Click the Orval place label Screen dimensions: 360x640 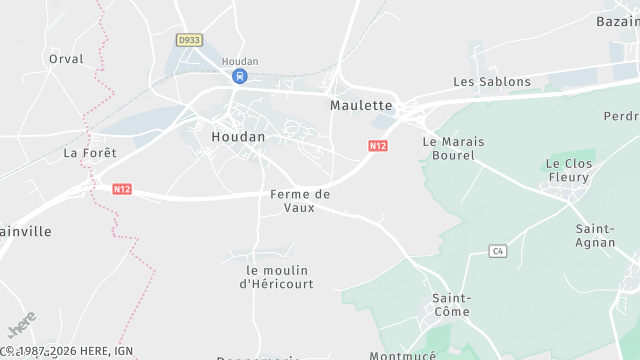pos(66,59)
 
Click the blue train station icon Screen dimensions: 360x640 pos(240,76)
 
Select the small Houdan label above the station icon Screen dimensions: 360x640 pos(240,61)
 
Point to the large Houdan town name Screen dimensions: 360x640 pos(238,136)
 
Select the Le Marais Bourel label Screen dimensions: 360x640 pos(453,149)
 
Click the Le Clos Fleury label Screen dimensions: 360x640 pos(569,171)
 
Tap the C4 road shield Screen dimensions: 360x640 pos(498,251)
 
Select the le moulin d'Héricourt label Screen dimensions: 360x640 pos(277,277)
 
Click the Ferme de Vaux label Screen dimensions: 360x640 pos(300,200)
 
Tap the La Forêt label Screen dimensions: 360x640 pos(90,153)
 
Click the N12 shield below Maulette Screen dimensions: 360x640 pos(377,146)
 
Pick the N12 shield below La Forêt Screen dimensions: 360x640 pos(122,188)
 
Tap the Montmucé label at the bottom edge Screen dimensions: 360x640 pos(404,355)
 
